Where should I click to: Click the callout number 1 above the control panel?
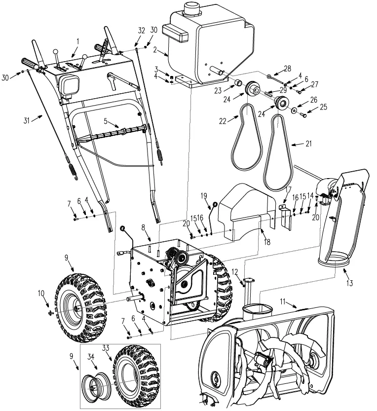point(77,41)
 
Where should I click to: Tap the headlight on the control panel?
point(69,84)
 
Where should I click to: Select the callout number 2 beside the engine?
point(155,49)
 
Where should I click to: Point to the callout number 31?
point(27,121)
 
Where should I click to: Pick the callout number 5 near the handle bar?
point(106,121)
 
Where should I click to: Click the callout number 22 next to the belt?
point(223,121)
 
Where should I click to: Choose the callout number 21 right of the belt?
point(308,144)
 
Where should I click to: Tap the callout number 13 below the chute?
point(350,283)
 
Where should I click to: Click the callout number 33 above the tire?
point(106,348)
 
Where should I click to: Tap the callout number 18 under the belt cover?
point(267,241)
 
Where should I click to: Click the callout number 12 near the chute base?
point(235,271)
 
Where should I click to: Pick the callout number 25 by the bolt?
point(324,107)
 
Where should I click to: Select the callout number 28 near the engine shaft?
point(287,69)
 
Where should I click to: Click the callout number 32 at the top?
point(141,31)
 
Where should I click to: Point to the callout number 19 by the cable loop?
point(203,196)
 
